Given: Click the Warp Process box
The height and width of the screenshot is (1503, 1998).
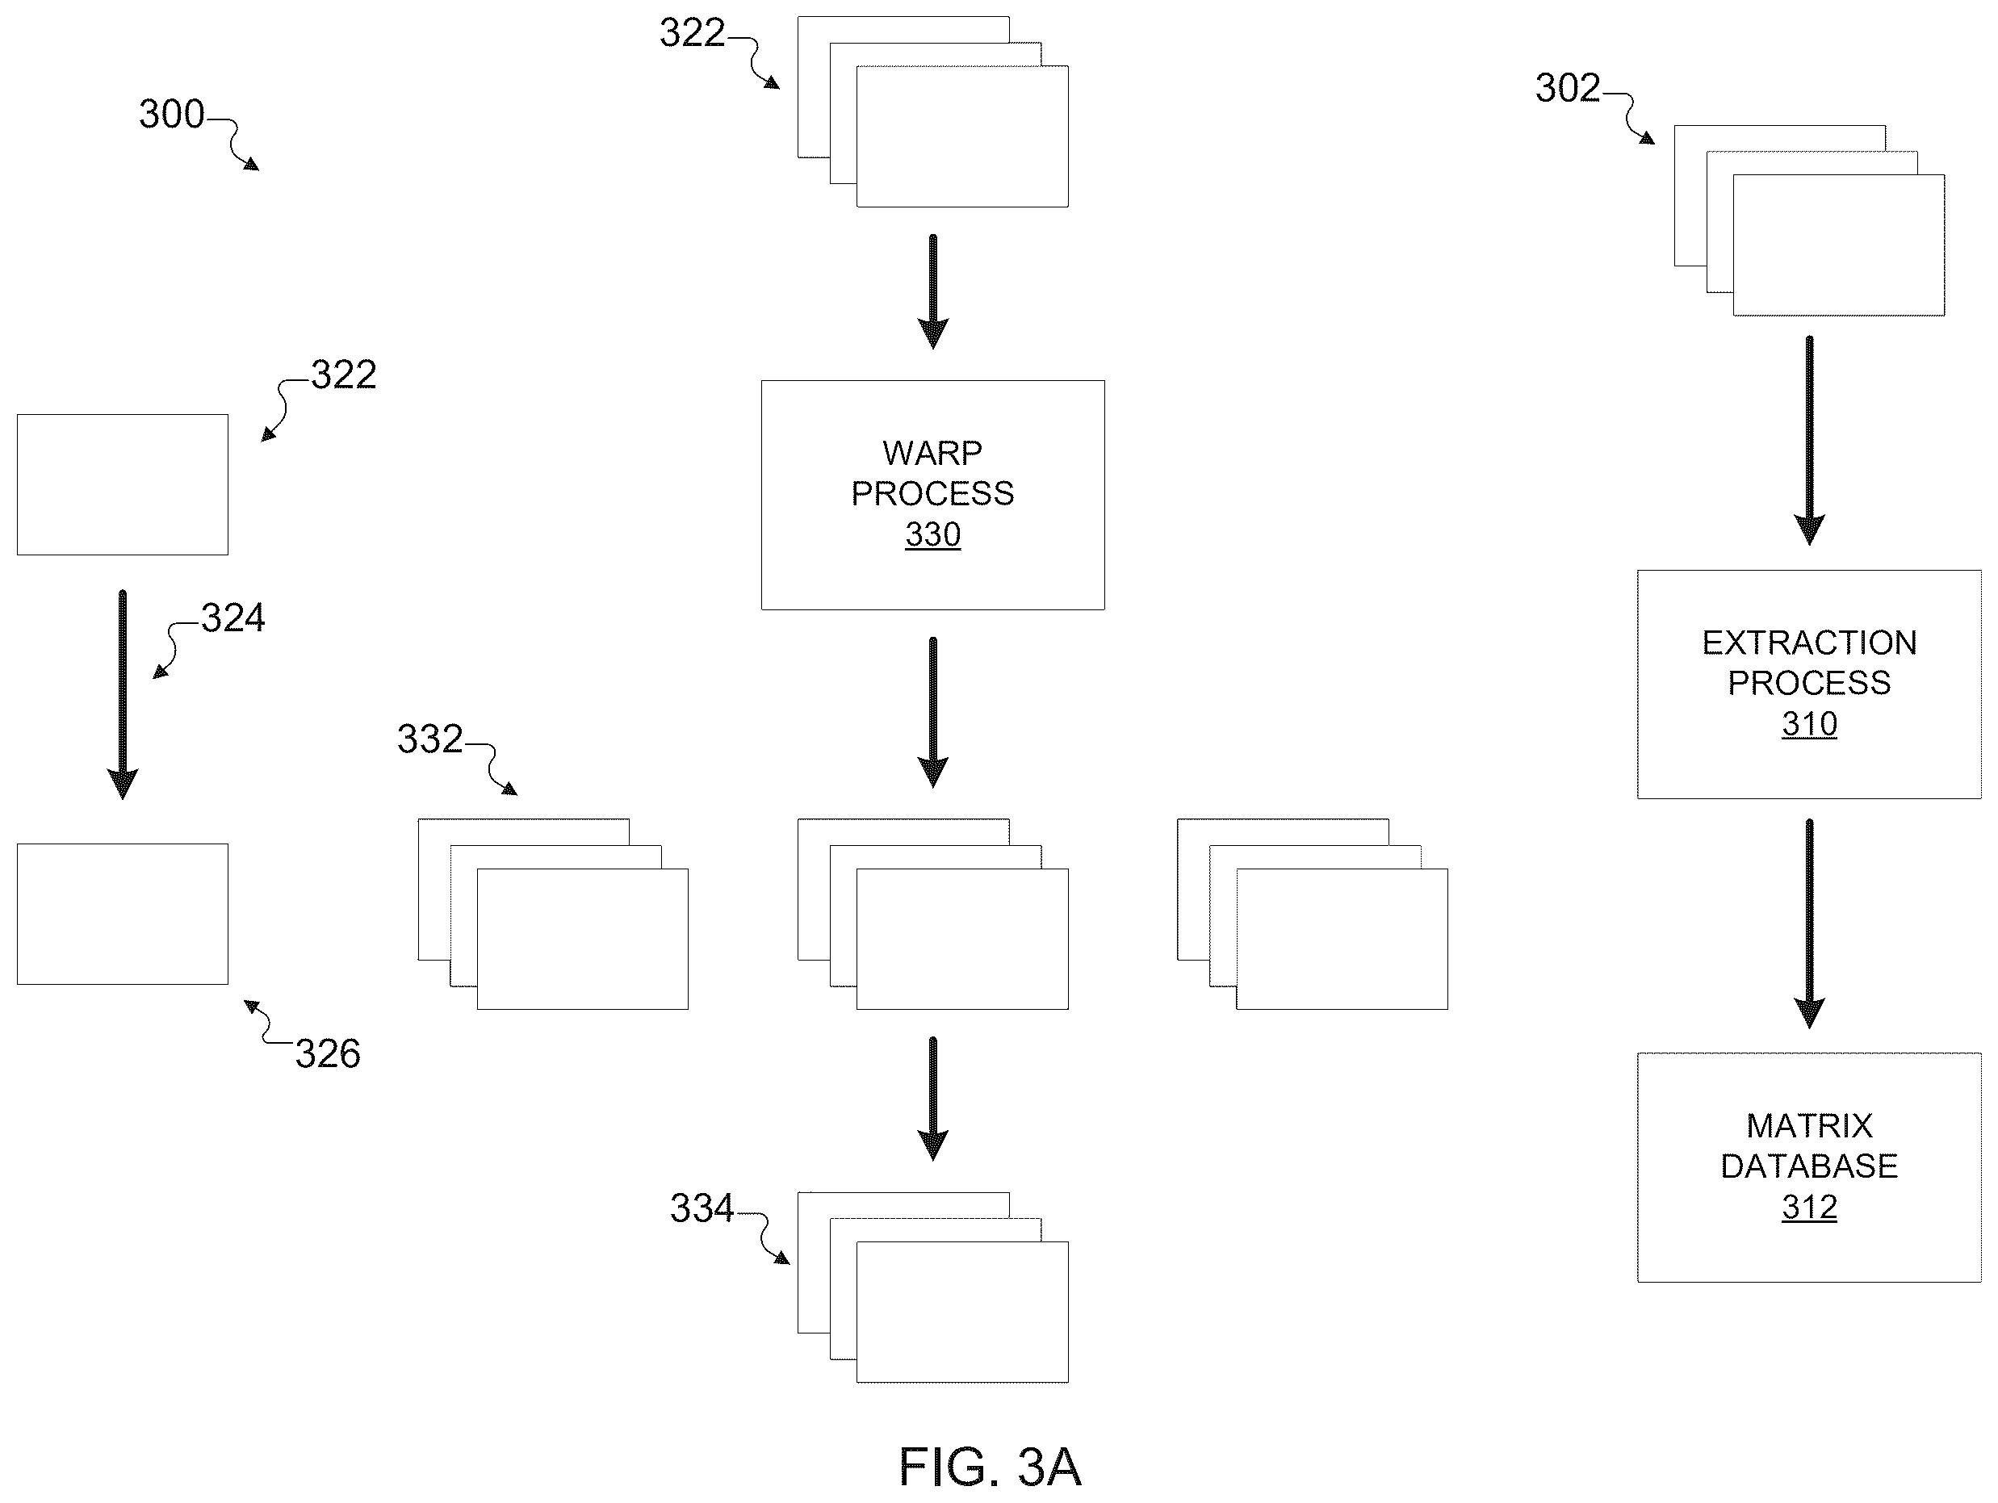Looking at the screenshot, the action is [932, 495].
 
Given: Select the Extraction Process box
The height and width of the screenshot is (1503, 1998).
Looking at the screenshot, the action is [1808, 684].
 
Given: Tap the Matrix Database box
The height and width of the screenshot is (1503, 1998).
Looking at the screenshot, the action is [1808, 1167].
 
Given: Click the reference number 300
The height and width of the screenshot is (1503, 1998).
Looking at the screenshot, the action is [172, 115].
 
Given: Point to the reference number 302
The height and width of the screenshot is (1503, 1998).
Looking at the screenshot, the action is [1568, 89].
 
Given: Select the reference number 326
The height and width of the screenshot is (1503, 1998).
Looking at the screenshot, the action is [328, 1054].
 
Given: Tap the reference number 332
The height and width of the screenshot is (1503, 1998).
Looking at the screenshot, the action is [430, 739].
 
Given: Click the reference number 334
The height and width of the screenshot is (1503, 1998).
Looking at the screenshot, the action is [702, 1208].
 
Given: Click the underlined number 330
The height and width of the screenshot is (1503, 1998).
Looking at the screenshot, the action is [933, 534].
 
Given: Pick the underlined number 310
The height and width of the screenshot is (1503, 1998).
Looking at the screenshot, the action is [1809, 724].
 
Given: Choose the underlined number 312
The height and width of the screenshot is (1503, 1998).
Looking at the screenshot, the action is [1809, 1208].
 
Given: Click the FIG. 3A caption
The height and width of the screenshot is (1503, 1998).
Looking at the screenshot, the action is [990, 1467].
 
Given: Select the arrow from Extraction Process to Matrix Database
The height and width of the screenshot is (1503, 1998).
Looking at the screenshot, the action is [1808, 923].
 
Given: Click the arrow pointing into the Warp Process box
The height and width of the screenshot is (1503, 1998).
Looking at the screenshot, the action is [932, 291].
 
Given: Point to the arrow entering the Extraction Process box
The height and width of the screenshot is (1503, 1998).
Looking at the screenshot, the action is [1808, 441].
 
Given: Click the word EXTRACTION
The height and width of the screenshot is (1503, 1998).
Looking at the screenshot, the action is [1809, 643].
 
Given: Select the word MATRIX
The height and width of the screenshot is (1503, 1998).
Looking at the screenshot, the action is [1809, 1126].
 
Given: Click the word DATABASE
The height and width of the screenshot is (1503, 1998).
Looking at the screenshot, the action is [1809, 1167].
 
